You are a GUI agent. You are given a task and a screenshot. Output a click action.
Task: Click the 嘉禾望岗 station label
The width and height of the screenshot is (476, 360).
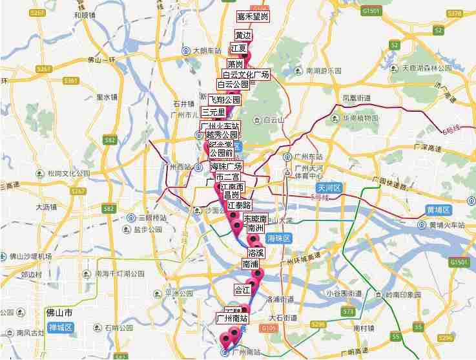253,16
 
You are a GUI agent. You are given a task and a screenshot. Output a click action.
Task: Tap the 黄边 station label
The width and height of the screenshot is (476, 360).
244,36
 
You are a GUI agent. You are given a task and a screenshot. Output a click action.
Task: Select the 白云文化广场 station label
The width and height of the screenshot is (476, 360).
245,75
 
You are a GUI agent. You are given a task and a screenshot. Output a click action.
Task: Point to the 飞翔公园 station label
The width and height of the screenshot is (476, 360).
224,100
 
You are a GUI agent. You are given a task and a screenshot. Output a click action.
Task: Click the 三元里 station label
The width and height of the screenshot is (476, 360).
213,111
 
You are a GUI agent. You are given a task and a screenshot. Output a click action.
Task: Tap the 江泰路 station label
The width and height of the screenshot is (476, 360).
239,205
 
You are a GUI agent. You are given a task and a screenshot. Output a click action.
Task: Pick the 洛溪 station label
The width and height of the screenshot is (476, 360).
256,253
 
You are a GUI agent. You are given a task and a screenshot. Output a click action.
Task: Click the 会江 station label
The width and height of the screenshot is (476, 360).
242,290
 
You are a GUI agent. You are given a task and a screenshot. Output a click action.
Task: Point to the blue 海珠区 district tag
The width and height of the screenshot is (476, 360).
280,238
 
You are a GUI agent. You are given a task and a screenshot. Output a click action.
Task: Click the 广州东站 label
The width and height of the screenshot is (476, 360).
306,157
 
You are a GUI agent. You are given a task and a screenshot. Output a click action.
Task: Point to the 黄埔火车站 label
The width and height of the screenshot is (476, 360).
446,225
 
